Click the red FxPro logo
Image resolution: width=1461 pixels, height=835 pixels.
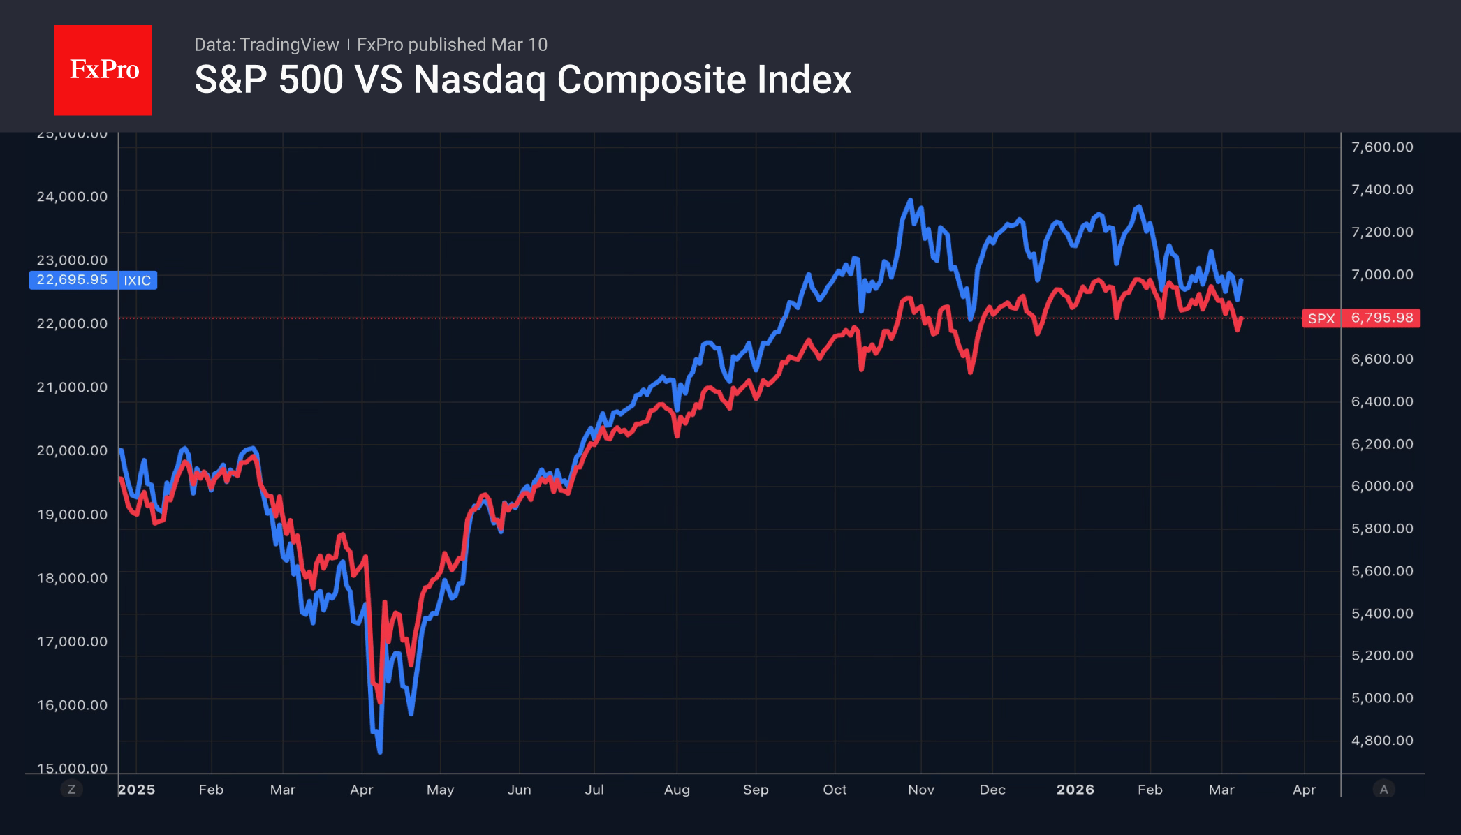tap(103, 70)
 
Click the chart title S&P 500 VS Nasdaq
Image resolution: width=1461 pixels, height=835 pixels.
tap(522, 80)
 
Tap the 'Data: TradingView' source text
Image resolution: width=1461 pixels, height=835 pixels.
tap(266, 45)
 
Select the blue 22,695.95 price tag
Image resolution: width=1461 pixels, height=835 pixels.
tap(72, 280)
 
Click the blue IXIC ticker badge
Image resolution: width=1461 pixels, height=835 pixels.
tap(137, 281)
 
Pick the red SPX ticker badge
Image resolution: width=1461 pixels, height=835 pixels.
tap(1321, 318)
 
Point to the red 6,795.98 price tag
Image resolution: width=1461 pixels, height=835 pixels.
tap(1381, 318)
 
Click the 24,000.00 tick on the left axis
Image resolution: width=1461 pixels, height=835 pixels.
tap(72, 197)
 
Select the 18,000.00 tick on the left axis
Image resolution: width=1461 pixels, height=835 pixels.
tap(72, 578)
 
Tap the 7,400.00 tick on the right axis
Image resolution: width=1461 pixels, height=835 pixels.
tap(1381, 189)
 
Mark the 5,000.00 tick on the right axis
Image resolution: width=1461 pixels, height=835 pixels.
tap(1381, 698)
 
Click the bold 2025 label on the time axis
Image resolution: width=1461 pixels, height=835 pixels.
tap(137, 790)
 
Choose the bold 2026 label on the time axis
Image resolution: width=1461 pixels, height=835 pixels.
tap(1075, 790)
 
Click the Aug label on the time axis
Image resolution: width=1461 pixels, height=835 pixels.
tap(677, 790)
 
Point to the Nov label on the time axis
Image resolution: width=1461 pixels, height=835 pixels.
tap(920, 790)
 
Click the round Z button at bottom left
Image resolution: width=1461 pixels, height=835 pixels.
tap(71, 790)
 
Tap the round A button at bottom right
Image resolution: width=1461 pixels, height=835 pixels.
tap(1383, 790)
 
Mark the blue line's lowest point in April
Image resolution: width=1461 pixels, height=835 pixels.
tap(380, 752)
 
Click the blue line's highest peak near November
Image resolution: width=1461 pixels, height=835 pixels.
tap(910, 200)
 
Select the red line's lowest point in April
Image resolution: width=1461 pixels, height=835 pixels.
tap(379, 701)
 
